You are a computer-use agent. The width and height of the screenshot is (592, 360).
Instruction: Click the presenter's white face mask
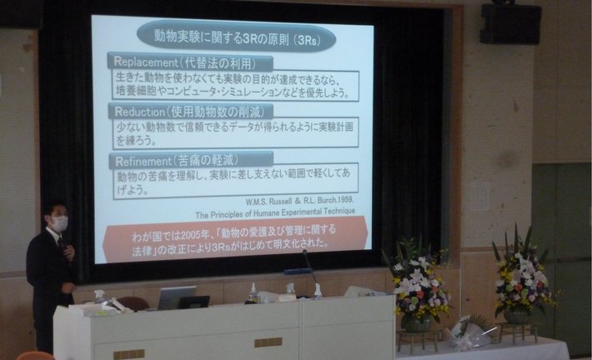59,223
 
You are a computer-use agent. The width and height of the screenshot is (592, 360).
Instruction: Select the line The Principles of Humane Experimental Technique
275,213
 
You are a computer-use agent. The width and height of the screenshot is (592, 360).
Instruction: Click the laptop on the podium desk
177,297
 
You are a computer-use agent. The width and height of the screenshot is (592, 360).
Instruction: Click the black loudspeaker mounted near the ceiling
510,23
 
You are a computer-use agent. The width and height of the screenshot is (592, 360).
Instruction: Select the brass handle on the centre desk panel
268,342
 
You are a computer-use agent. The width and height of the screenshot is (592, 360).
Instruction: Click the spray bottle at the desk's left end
99,296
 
